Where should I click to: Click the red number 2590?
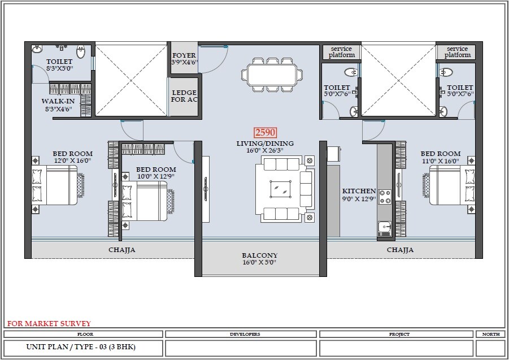(x=265, y=133)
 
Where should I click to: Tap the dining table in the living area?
(x=272, y=74)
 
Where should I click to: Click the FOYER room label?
(x=184, y=56)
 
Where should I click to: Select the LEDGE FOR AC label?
(x=184, y=96)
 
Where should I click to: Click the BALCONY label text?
(x=260, y=255)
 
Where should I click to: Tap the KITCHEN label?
(x=359, y=192)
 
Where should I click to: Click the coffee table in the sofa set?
(x=280, y=188)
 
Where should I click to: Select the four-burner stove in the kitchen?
(x=384, y=197)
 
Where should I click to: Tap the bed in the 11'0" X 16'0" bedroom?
(x=453, y=185)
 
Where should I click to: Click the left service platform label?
(x=342, y=52)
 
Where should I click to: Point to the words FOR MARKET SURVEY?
(x=49, y=324)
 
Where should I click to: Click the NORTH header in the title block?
(x=490, y=334)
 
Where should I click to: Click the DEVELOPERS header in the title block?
(x=245, y=334)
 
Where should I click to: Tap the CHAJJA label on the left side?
(x=122, y=249)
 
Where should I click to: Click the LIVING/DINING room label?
(x=265, y=144)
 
